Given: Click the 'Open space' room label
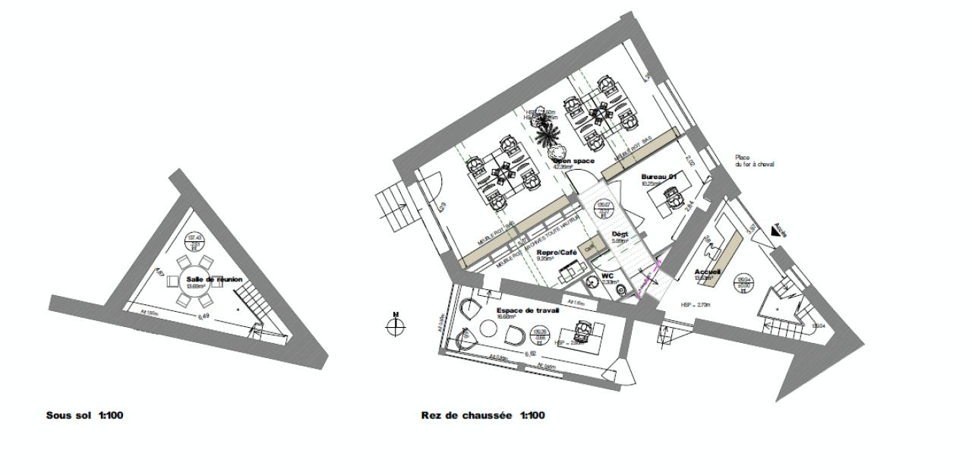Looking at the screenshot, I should click(573, 161).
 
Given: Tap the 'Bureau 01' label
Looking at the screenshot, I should click(658, 176).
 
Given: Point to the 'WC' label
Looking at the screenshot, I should click(607, 275).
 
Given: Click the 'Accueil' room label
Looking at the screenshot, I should click(707, 272).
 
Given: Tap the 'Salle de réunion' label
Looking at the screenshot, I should click(214, 279).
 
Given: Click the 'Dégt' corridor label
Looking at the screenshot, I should click(619, 234).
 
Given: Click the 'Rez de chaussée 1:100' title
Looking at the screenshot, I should click(482, 416).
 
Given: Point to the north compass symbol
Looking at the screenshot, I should click(396, 326).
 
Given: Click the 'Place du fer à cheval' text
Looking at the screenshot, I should click(754, 161).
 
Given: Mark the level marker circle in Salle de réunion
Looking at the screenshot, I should click(195, 242).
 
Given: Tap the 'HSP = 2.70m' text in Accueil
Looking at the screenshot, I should click(696, 304).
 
